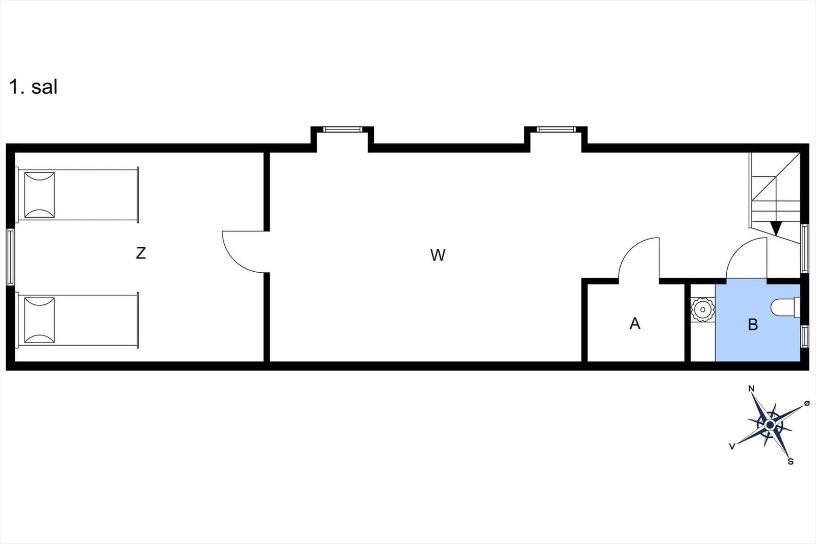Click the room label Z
tap(141, 253)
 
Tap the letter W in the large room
tap(438, 255)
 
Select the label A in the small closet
tap(635, 323)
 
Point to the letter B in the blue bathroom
tap(753, 324)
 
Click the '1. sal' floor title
tap(34, 87)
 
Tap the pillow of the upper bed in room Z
tap(39, 195)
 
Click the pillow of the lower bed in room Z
tap(39, 320)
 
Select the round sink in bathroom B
tap(703, 310)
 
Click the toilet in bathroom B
tap(785, 308)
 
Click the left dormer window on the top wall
tap(342, 129)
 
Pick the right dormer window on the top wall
tap(556, 129)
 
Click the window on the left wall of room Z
tap(11, 257)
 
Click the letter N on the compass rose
tap(751, 388)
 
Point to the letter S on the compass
tap(790, 462)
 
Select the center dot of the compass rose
tap(770, 425)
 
